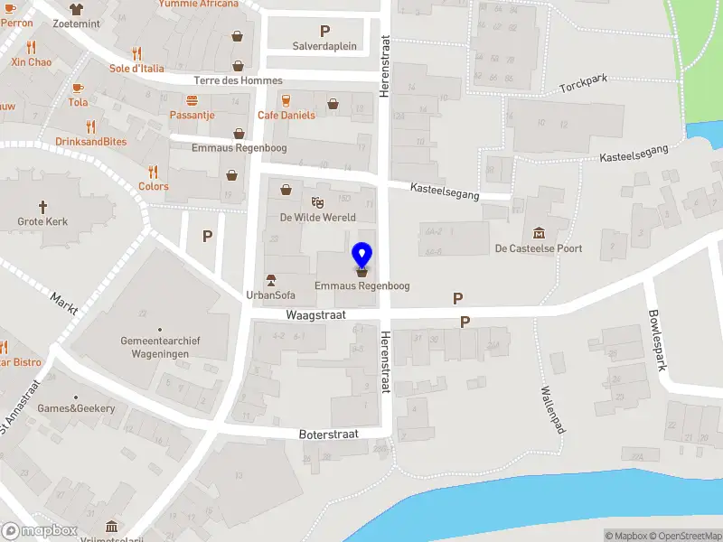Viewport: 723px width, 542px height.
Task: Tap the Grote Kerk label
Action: point(42,221)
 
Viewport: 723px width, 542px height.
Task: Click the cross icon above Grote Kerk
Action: point(42,207)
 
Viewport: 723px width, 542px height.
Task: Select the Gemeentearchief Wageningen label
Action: point(160,347)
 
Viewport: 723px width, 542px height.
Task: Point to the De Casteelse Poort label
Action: point(538,248)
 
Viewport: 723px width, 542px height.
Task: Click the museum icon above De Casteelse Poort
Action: point(539,233)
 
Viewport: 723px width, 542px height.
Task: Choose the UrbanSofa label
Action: point(270,294)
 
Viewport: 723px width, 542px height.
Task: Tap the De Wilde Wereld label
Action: point(317,217)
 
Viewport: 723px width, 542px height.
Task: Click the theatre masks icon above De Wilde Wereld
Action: point(317,201)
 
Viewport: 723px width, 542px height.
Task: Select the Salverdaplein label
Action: point(324,46)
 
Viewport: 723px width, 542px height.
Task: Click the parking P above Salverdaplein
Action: point(324,31)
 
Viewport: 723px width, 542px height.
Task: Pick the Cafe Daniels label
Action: point(286,116)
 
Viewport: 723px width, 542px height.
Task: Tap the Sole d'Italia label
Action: point(137,69)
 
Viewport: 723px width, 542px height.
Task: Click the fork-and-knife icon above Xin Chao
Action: point(32,47)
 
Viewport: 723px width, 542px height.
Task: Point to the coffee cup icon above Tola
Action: point(78,88)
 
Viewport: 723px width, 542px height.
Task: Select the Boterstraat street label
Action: point(329,435)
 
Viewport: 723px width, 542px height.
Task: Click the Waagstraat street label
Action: point(316,315)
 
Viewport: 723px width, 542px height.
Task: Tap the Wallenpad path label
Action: point(552,410)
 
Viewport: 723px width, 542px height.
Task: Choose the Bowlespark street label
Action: point(656,341)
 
